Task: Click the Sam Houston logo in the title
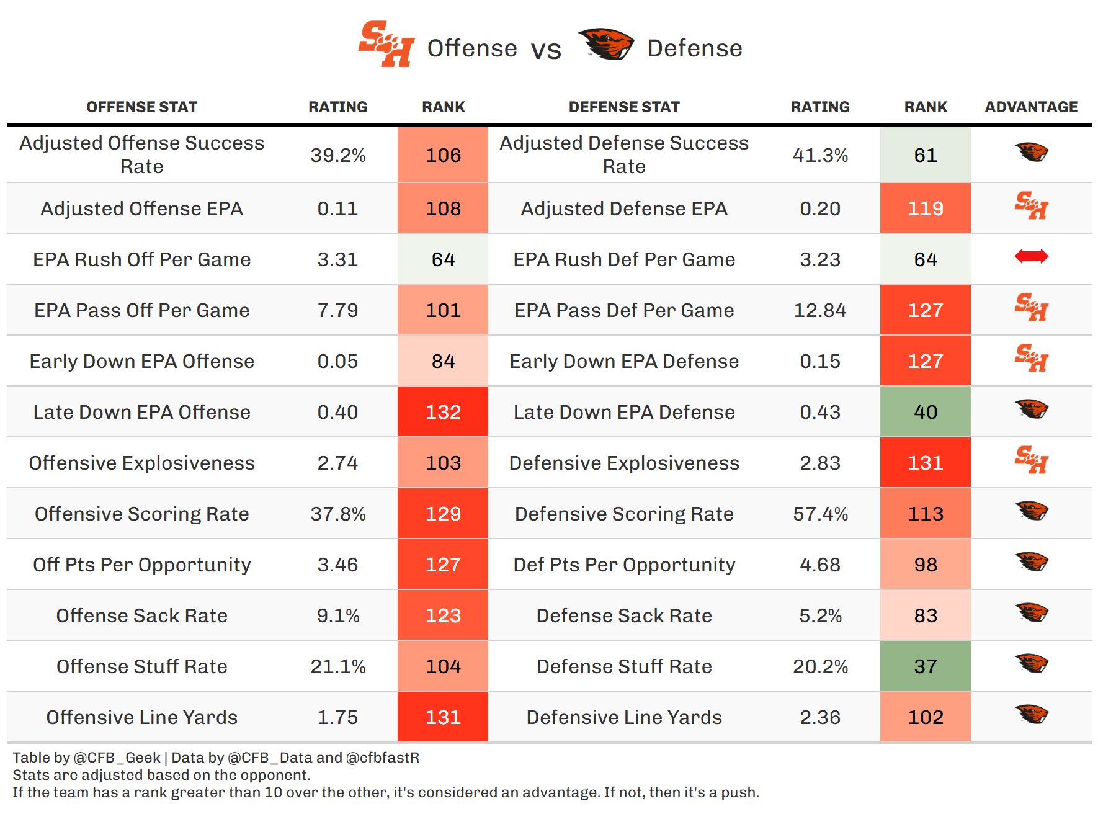tap(386, 44)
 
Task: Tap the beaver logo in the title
tap(605, 44)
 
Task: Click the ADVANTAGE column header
tap(1031, 107)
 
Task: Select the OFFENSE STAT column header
tap(141, 107)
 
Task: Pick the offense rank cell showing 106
tap(443, 155)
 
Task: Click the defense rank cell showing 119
tap(925, 208)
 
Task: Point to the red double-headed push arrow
tap(1031, 256)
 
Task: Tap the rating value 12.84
tap(819, 310)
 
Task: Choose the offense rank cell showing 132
tap(443, 412)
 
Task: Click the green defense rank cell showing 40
tap(925, 412)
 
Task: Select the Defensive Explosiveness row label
tap(624, 463)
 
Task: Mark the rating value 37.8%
tap(338, 514)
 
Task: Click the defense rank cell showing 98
tap(925, 565)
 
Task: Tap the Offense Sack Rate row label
tap(141, 615)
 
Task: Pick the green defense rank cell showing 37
tap(925, 666)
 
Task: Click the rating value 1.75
tap(338, 717)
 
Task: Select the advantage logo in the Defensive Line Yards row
tap(1031, 714)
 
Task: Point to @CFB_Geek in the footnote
tap(117, 758)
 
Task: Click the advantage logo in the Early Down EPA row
tap(1031, 358)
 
